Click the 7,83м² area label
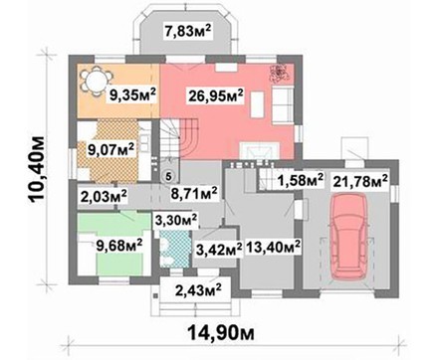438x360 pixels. [188, 32]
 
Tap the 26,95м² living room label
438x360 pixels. [216, 96]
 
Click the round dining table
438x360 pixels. [96, 81]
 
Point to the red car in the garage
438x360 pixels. [350, 237]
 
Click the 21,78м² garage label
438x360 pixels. [360, 182]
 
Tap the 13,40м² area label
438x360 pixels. [273, 247]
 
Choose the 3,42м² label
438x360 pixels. [218, 249]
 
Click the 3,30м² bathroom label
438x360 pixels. [176, 220]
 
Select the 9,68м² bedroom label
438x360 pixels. [119, 246]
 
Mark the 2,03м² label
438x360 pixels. [103, 197]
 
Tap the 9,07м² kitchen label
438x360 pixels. [110, 149]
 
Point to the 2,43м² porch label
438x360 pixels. [198, 290]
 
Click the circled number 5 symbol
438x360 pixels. [168, 176]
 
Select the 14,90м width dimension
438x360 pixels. [221, 332]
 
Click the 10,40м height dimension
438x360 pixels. [37, 169]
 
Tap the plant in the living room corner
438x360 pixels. [279, 73]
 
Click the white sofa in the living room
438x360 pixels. [283, 104]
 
